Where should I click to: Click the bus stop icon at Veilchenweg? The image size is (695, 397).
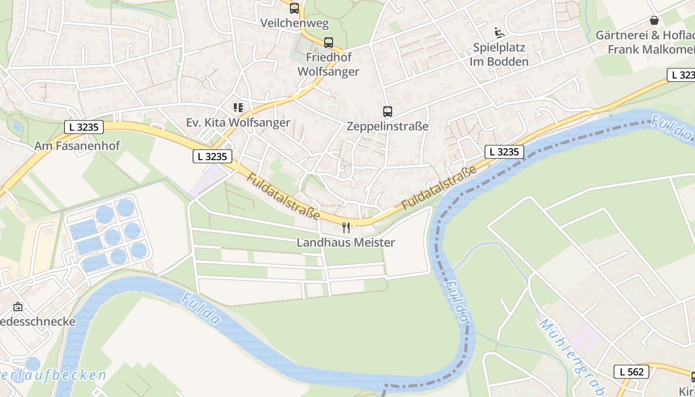click(x=294, y=8)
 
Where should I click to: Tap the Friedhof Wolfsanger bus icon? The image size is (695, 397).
click(x=328, y=43)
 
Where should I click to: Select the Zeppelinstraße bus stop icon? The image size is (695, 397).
click(x=387, y=112)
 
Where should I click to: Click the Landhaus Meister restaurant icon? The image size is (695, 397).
click(x=346, y=228)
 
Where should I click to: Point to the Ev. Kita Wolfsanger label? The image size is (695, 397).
click(x=238, y=123)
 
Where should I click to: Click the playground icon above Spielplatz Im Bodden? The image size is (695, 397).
click(x=499, y=33)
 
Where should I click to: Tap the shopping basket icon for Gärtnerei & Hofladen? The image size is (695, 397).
click(x=654, y=21)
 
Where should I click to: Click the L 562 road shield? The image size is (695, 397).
click(x=631, y=372)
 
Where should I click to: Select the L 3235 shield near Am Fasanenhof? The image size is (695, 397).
click(x=84, y=127)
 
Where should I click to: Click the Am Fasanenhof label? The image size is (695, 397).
click(x=77, y=146)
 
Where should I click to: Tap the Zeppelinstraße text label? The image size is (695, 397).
click(x=387, y=127)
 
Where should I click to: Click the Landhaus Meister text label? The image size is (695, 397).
click(x=346, y=243)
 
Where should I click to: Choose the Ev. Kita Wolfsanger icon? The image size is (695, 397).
click(x=238, y=108)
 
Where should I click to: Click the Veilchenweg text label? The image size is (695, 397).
click(x=294, y=23)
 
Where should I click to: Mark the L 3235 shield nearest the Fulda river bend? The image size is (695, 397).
click(x=504, y=152)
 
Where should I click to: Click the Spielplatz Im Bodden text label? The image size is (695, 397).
click(x=499, y=55)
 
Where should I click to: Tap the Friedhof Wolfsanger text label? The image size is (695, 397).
click(x=328, y=65)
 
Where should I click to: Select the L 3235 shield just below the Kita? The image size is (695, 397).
click(x=212, y=157)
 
